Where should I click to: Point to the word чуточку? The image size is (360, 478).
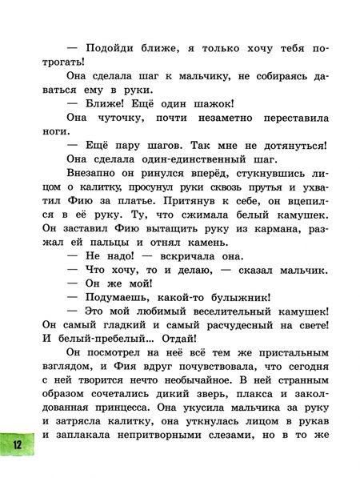103,122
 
